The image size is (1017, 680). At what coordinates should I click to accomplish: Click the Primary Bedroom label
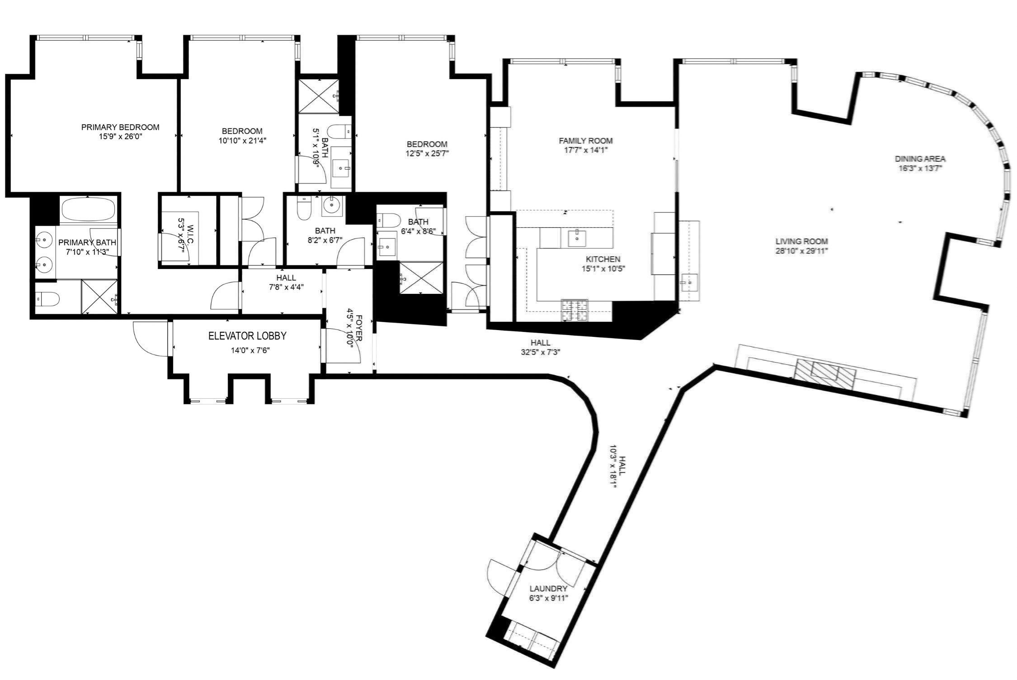coord(120,127)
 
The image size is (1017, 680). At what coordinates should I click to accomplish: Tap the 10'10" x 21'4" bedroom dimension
coord(242,141)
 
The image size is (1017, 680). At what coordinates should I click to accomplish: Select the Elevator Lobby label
coord(247,336)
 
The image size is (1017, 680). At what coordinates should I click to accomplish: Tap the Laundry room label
coord(548,589)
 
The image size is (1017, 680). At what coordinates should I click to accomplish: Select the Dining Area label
coord(920,159)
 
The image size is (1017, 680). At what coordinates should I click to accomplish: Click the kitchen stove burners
coord(574,310)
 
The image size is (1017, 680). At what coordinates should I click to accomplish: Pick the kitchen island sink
coord(577,237)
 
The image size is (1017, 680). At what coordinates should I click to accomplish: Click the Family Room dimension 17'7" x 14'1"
coord(585,150)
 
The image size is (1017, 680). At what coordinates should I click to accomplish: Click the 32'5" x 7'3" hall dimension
coord(541,352)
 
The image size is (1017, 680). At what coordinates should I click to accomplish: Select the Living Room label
coord(801,241)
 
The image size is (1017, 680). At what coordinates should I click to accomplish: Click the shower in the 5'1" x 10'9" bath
coord(319,96)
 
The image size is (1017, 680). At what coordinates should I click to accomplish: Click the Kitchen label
coord(603,259)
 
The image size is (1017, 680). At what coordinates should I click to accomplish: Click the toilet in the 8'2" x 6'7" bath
coord(303,209)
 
